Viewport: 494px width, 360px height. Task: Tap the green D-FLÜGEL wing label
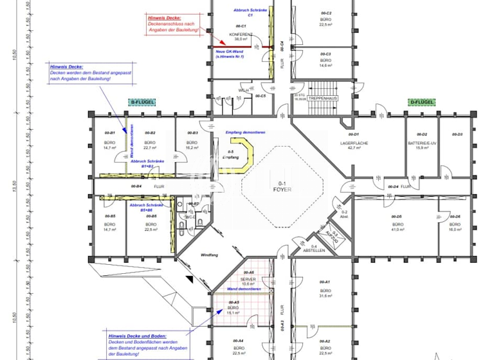[x=421, y=102]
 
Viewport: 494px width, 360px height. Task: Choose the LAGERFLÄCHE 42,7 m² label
[x=354, y=145]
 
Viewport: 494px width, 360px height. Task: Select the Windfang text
[x=209, y=255]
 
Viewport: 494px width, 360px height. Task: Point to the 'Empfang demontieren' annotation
[x=245, y=132]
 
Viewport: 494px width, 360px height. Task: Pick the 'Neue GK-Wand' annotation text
[x=230, y=52]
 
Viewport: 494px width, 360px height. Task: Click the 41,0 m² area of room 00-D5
[x=397, y=230]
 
